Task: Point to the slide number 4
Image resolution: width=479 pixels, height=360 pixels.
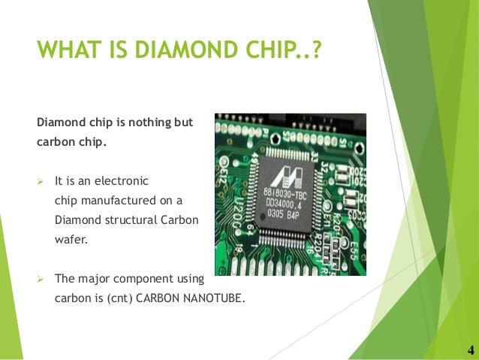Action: pyautogui.click(x=470, y=350)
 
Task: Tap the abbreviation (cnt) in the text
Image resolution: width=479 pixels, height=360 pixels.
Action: pyautogui.click(x=119, y=298)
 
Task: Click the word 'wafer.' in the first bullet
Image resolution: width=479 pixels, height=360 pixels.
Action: pyautogui.click(x=69, y=240)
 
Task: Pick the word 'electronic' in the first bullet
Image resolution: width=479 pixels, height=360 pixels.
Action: pyautogui.click(x=124, y=181)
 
